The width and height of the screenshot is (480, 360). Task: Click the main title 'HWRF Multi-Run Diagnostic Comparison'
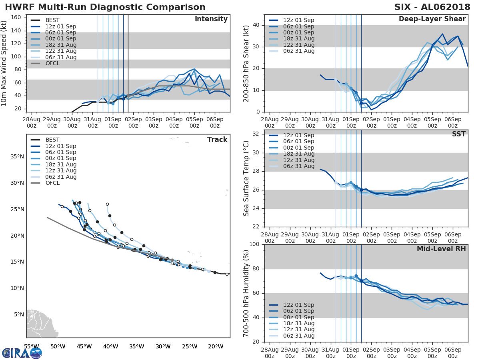[x=105, y=7]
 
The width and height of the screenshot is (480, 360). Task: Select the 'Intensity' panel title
[x=211, y=19]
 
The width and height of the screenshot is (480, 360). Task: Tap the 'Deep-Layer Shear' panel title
[x=432, y=19]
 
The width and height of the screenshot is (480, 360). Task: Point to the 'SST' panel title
[x=458, y=134]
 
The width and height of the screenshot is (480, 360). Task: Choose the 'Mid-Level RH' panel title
[x=441, y=249]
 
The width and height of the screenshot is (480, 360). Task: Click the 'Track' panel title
[x=217, y=140]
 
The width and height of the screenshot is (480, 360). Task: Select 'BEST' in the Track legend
[x=53, y=140]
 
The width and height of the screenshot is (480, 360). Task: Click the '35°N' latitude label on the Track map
[x=17, y=156]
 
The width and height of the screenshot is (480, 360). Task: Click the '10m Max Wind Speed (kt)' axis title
[x=4, y=63]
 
